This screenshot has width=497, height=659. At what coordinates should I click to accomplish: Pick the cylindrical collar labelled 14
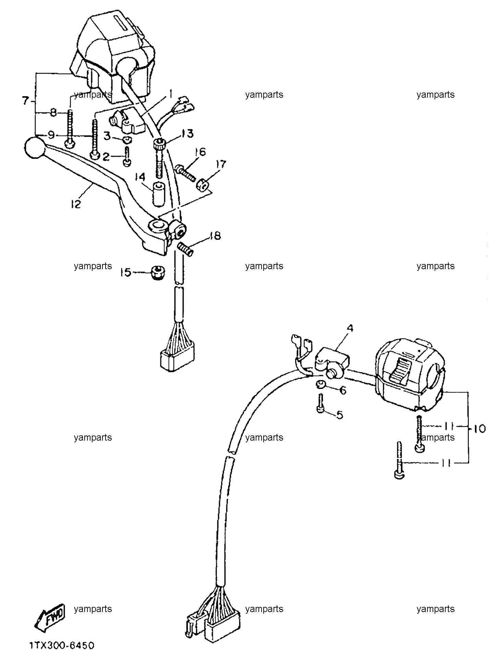tap(159, 194)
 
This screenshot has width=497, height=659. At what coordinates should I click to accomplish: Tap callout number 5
tap(339, 415)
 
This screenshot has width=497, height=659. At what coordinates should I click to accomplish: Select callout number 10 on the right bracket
tap(480, 429)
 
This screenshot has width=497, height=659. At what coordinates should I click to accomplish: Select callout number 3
tap(107, 136)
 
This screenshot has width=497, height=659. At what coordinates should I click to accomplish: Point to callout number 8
tap(53, 113)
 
